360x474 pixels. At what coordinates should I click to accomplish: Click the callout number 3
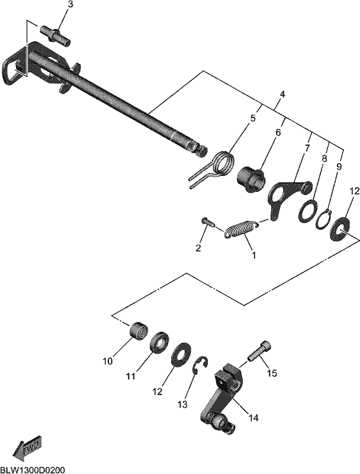pos(70,5)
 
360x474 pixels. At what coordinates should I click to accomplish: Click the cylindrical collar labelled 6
pos(250,180)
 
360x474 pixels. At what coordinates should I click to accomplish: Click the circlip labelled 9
pos(324,220)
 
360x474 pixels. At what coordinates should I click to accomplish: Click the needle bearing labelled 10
pos(139,332)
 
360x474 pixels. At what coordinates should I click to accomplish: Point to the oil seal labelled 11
pos(160,344)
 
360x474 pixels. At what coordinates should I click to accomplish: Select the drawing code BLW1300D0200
pos(33,470)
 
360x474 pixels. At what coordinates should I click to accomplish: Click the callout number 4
pos(282,94)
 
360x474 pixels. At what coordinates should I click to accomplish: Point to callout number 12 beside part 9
pos(355,191)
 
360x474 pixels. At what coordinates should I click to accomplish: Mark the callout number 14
pos(253,418)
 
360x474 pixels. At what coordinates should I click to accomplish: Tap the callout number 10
pos(108,361)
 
